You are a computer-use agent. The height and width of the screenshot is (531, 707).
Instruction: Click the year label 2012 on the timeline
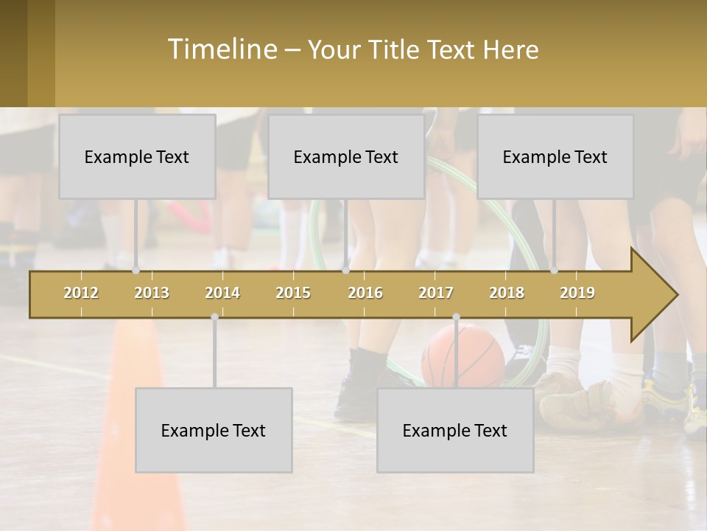(x=81, y=293)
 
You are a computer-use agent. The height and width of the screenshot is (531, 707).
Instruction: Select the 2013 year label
(x=152, y=293)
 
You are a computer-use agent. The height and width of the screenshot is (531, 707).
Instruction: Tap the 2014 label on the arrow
(x=222, y=293)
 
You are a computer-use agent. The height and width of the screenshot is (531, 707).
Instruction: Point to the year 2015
(x=293, y=293)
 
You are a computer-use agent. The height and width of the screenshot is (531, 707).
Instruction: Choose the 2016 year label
(x=365, y=293)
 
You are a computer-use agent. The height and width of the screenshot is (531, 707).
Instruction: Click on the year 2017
(x=436, y=293)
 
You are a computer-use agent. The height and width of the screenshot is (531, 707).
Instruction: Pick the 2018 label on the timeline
(x=507, y=293)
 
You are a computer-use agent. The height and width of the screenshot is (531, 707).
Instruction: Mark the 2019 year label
(x=577, y=293)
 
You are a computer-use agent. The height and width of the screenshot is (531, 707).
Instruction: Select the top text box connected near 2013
(x=137, y=156)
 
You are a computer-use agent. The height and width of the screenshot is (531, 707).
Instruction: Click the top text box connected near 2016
(x=346, y=156)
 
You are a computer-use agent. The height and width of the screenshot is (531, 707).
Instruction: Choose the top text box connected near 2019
(x=555, y=156)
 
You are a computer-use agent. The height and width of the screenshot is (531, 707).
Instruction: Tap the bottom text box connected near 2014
(x=214, y=430)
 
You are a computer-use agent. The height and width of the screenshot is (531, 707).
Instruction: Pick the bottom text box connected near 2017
(x=455, y=430)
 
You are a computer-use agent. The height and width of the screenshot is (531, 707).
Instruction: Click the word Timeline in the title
(x=222, y=49)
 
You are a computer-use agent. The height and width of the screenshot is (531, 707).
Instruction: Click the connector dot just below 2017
(x=456, y=316)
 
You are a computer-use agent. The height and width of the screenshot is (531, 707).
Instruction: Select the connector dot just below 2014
(x=214, y=316)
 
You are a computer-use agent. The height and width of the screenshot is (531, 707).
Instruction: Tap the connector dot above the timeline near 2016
(x=345, y=271)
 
